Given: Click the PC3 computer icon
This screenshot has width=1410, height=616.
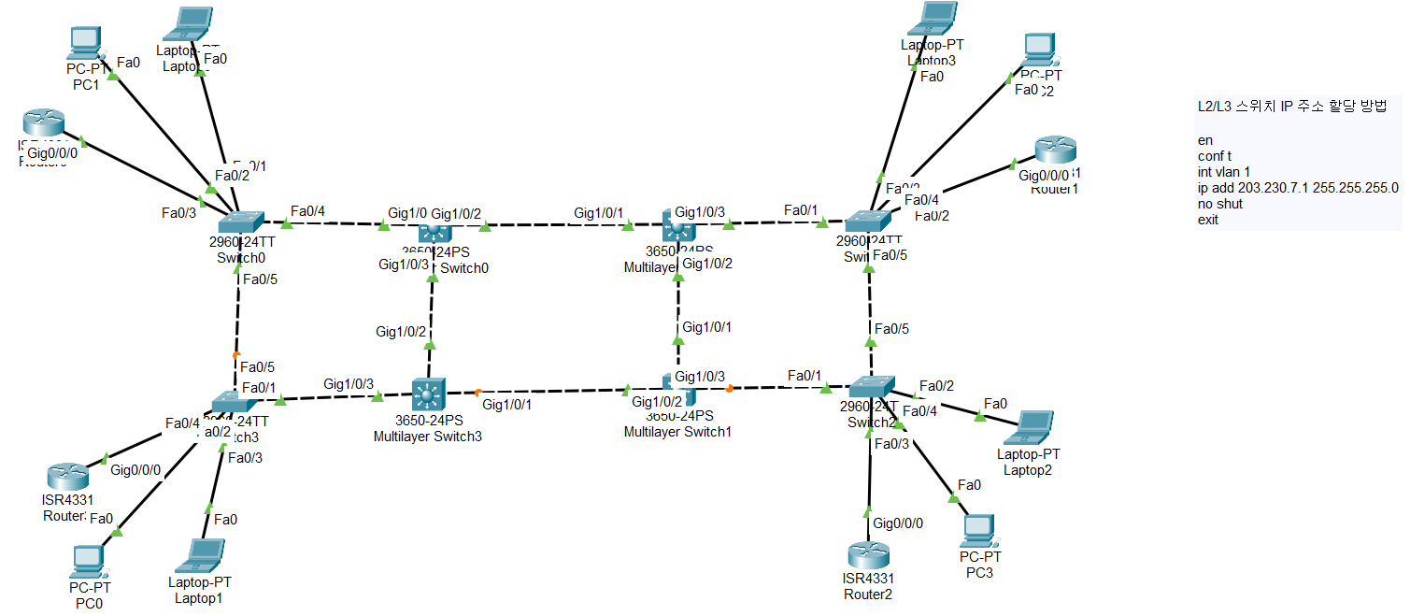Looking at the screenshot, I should pos(976,531).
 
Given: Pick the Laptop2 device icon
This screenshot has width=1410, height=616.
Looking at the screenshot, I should pos(1027,427).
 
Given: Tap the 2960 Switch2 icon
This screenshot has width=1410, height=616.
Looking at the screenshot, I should pos(871,385).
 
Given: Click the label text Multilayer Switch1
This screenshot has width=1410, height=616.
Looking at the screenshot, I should pos(677,432).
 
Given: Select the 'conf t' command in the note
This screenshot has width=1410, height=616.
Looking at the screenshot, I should pos(1214,156).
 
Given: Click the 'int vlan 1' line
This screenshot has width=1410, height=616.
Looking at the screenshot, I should pos(1223,172).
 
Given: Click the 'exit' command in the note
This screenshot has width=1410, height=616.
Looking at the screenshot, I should pos(1207,220).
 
